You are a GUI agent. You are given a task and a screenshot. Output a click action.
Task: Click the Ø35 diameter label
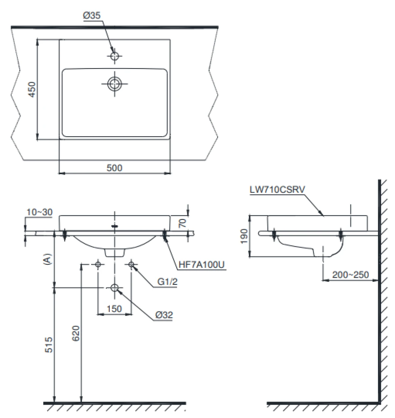click(x=92, y=16)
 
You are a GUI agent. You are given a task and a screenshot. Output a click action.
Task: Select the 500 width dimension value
click(x=114, y=168)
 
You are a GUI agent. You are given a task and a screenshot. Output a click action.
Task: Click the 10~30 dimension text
click(x=39, y=212)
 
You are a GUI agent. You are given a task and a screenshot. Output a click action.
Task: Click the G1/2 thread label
click(x=168, y=282)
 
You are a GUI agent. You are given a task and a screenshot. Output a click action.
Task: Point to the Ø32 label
click(x=164, y=315)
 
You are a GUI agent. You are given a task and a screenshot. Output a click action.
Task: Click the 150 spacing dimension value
click(x=114, y=308)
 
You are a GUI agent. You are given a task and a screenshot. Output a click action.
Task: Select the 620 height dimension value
click(x=76, y=334)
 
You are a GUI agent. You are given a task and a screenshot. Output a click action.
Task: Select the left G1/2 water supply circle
click(x=98, y=264)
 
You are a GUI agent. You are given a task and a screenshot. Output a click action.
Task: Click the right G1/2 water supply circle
click(x=131, y=264)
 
